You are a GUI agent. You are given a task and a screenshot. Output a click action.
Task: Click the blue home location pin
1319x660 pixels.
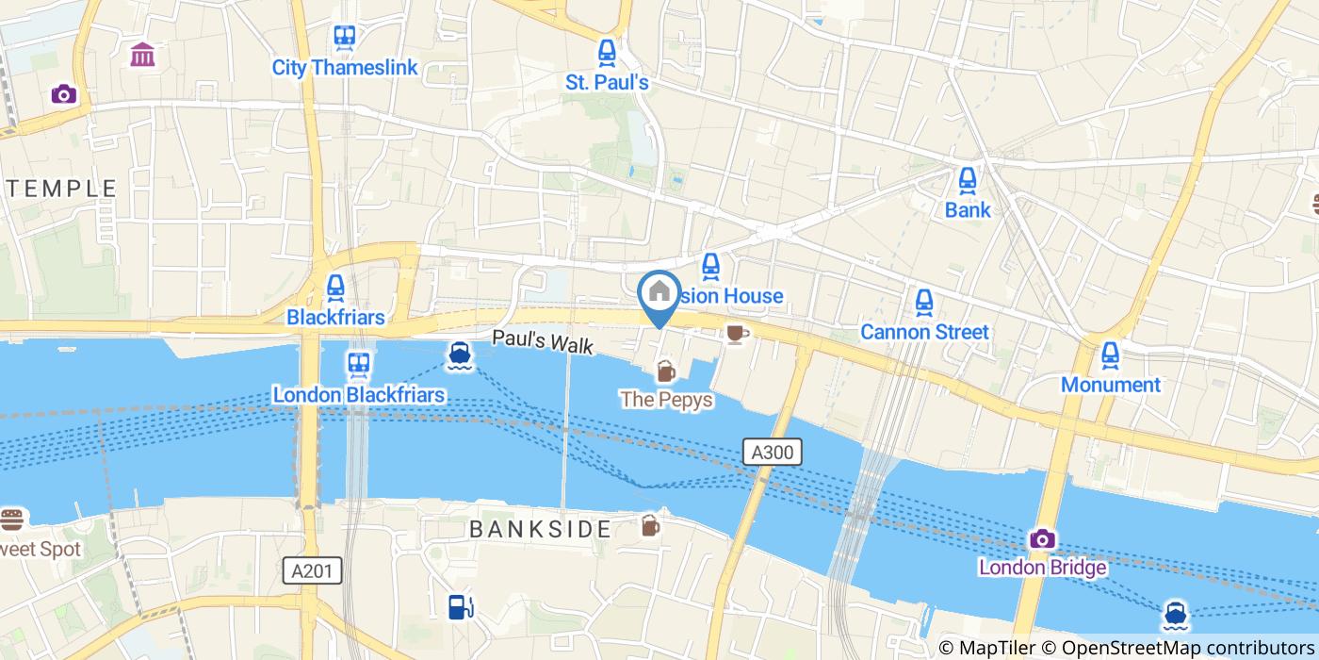click(x=659, y=293)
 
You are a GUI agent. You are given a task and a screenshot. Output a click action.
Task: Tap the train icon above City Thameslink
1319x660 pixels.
click(x=345, y=38)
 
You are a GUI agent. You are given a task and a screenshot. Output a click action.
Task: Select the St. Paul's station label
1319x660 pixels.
click(x=607, y=83)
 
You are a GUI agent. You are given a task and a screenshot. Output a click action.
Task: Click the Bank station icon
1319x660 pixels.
click(x=968, y=179)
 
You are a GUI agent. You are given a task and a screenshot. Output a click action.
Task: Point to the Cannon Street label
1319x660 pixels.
click(x=924, y=332)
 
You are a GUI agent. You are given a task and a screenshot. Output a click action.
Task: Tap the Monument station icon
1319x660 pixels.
click(x=1111, y=355)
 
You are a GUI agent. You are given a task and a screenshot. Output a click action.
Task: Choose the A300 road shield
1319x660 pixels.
click(x=773, y=453)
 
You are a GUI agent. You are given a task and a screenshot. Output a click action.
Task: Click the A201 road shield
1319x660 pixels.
click(x=312, y=570)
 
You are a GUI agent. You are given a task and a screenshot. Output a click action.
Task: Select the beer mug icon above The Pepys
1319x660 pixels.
click(x=666, y=371)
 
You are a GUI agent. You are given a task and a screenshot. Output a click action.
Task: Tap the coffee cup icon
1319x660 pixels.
click(x=736, y=333)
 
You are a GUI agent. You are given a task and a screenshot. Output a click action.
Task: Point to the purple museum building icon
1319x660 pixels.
click(x=143, y=55)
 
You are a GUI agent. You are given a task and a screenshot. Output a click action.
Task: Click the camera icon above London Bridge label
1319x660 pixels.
click(x=1042, y=539)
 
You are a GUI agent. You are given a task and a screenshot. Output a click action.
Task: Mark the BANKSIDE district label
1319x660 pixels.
click(x=541, y=529)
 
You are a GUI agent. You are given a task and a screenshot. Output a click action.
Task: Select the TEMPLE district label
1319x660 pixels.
click(x=58, y=189)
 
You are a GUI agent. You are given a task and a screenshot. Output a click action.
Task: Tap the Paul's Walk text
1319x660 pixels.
click(x=543, y=341)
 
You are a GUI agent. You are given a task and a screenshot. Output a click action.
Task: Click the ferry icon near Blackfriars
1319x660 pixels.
click(x=460, y=355)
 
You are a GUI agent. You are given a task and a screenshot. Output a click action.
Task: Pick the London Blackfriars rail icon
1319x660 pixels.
click(x=358, y=364)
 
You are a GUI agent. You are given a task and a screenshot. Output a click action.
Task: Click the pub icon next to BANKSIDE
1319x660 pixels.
click(x=650, y=526)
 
